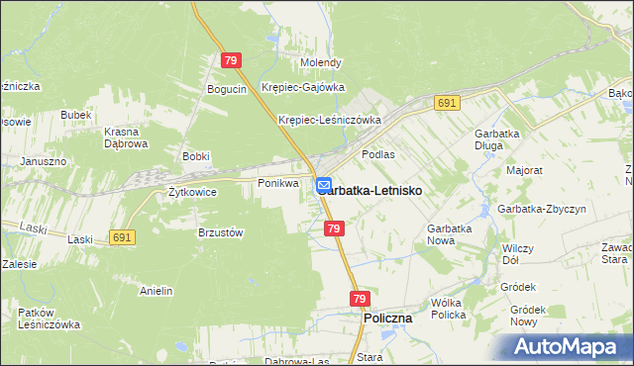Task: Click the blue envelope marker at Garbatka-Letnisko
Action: click(324, 185)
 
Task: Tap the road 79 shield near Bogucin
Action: click(231, 61)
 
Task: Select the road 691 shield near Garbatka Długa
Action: click(446, 103)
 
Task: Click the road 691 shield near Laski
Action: click(123, 237)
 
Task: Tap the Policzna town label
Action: click(388, 320)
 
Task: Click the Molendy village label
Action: click(322, 62)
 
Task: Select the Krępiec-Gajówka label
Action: click(303, 87)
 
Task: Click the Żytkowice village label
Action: click(192, 192)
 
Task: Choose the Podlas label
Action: click(378, 154)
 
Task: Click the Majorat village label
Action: click(524, 170)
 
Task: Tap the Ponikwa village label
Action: click(278, 184)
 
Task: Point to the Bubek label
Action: click(75, 115)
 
